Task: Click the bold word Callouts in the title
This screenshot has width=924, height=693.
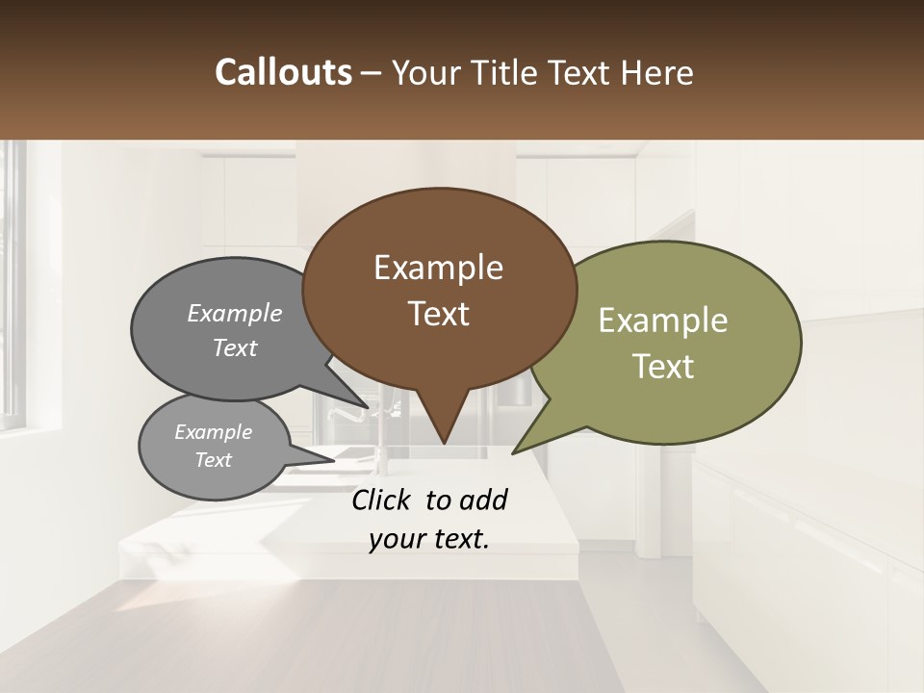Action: click(283, 72)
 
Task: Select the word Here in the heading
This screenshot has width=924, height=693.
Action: click(657, 72)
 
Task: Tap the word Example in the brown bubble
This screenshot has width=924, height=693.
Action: click(438, 268)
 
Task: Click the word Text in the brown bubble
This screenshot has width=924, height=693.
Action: click(438, 314)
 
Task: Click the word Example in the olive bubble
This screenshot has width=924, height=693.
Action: click(663, 321)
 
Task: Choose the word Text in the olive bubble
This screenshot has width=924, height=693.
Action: click(663, 367)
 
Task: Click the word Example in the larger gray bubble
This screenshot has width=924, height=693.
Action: click(235, 314)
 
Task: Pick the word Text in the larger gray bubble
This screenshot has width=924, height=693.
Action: click(235, 347)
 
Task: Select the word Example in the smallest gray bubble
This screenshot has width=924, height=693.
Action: click(214, 432)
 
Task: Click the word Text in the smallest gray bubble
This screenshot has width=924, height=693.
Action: click(214, 460)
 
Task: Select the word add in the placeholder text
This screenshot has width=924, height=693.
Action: click(483, 500)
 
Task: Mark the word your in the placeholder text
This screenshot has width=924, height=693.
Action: click(398, 539)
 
